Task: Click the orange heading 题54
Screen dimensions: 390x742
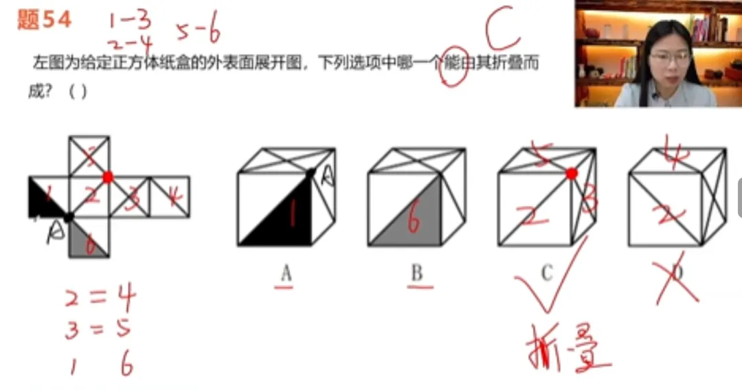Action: (x=44, y=21)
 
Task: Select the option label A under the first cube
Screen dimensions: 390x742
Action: (x=286, y=273)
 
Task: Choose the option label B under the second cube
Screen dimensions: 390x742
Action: (x=416, y=273)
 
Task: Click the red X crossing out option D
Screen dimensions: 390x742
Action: (x=677, y=275)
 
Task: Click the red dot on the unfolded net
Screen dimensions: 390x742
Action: (x=108, y=177)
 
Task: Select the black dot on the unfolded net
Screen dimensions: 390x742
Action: (x=69, y=218)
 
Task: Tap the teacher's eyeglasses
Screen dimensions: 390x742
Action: (x=669, y=58)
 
